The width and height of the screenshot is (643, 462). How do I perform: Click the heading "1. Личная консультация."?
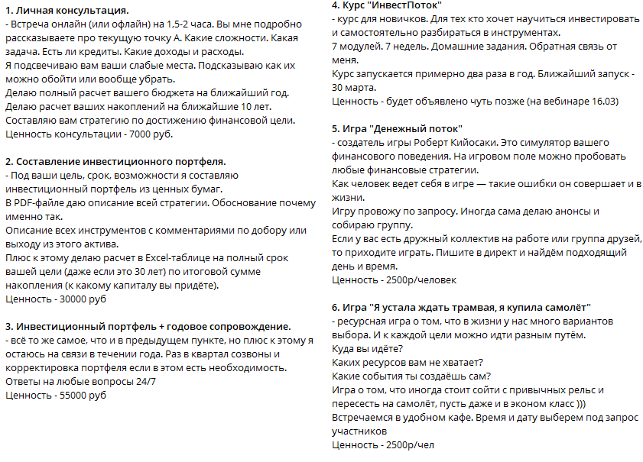coord(67,11)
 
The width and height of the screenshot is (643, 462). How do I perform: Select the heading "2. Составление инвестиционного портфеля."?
coord(115,162)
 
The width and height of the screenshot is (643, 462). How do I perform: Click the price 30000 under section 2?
coord(71,299)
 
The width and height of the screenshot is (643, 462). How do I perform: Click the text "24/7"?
coord(145,382)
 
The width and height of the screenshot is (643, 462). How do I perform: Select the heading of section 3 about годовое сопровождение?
coord(148,327)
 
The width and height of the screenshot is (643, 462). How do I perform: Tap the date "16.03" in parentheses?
coord(602,101)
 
